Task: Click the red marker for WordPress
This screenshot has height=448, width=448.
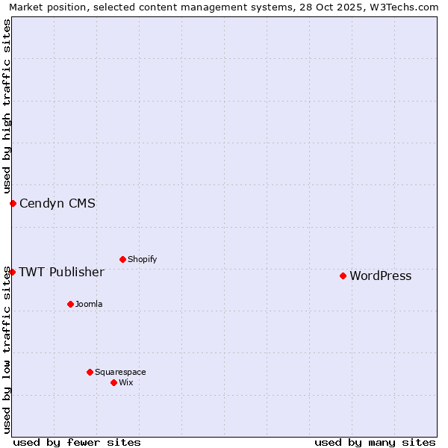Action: click(343, 276)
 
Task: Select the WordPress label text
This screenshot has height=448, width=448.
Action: click(380, 276)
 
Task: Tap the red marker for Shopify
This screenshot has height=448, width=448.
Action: click(122, 259)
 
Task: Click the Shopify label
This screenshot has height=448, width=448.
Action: click(142, 260)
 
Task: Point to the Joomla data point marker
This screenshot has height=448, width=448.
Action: click(70, 304)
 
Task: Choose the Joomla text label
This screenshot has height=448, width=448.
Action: click(89, 305)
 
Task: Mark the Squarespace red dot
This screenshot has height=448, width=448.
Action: click(90, 372)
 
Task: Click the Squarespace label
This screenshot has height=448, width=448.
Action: click(120, 373)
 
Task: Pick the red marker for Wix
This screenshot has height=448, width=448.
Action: click(113, 382)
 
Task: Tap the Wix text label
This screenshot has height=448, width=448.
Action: click(126, 383)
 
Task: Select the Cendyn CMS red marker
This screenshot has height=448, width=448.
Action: click(13, 203)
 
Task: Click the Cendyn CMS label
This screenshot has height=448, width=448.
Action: click(57, 204)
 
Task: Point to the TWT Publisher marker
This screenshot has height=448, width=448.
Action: click(12, 272)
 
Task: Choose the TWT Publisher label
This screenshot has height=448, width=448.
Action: click(61, 272)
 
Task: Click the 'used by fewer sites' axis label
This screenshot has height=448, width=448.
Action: click(77, 442)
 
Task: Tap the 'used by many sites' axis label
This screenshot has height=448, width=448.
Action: click(375, 442)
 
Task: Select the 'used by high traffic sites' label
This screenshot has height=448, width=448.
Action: click(7, 106)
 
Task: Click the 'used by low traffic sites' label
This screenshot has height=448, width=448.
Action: click(7, 351)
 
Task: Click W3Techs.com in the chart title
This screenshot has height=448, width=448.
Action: click(406, 7)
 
